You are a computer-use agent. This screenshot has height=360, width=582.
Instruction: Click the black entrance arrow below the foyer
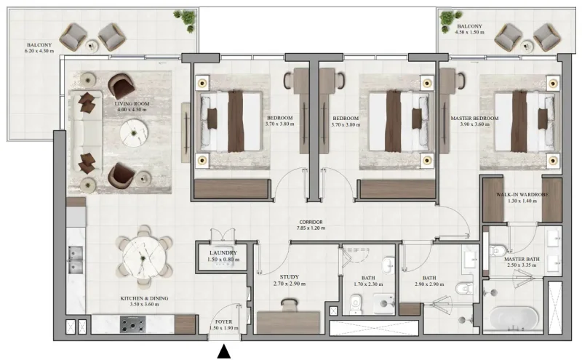coord(225,352)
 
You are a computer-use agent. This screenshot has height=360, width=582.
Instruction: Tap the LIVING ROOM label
coord(132,104)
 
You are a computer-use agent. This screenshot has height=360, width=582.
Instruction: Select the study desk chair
coord(289,306)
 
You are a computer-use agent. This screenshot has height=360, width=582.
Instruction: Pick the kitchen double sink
coord(75,256)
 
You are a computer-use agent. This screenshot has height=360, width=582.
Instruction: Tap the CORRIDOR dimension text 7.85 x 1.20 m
coord(311,228)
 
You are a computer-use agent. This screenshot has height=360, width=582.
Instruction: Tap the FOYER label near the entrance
coord(223,321)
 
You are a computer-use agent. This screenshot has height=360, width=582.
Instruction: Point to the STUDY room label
coord(288,276)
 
